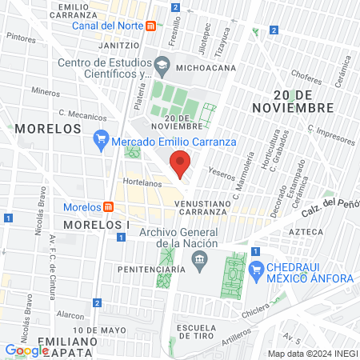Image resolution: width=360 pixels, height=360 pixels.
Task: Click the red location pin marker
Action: [181, 164]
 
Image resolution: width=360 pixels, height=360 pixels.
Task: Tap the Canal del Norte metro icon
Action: [150, 26]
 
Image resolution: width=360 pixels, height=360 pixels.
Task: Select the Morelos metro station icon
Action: [108, 206]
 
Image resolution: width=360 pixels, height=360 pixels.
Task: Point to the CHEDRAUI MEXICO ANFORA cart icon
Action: [256, 270]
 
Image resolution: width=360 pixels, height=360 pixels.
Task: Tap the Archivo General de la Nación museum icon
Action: [200, 259]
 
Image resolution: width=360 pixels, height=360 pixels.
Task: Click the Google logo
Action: [26, 350]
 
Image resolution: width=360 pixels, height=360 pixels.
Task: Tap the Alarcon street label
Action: [70, 315]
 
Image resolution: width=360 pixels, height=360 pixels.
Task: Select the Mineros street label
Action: [46, 94]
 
